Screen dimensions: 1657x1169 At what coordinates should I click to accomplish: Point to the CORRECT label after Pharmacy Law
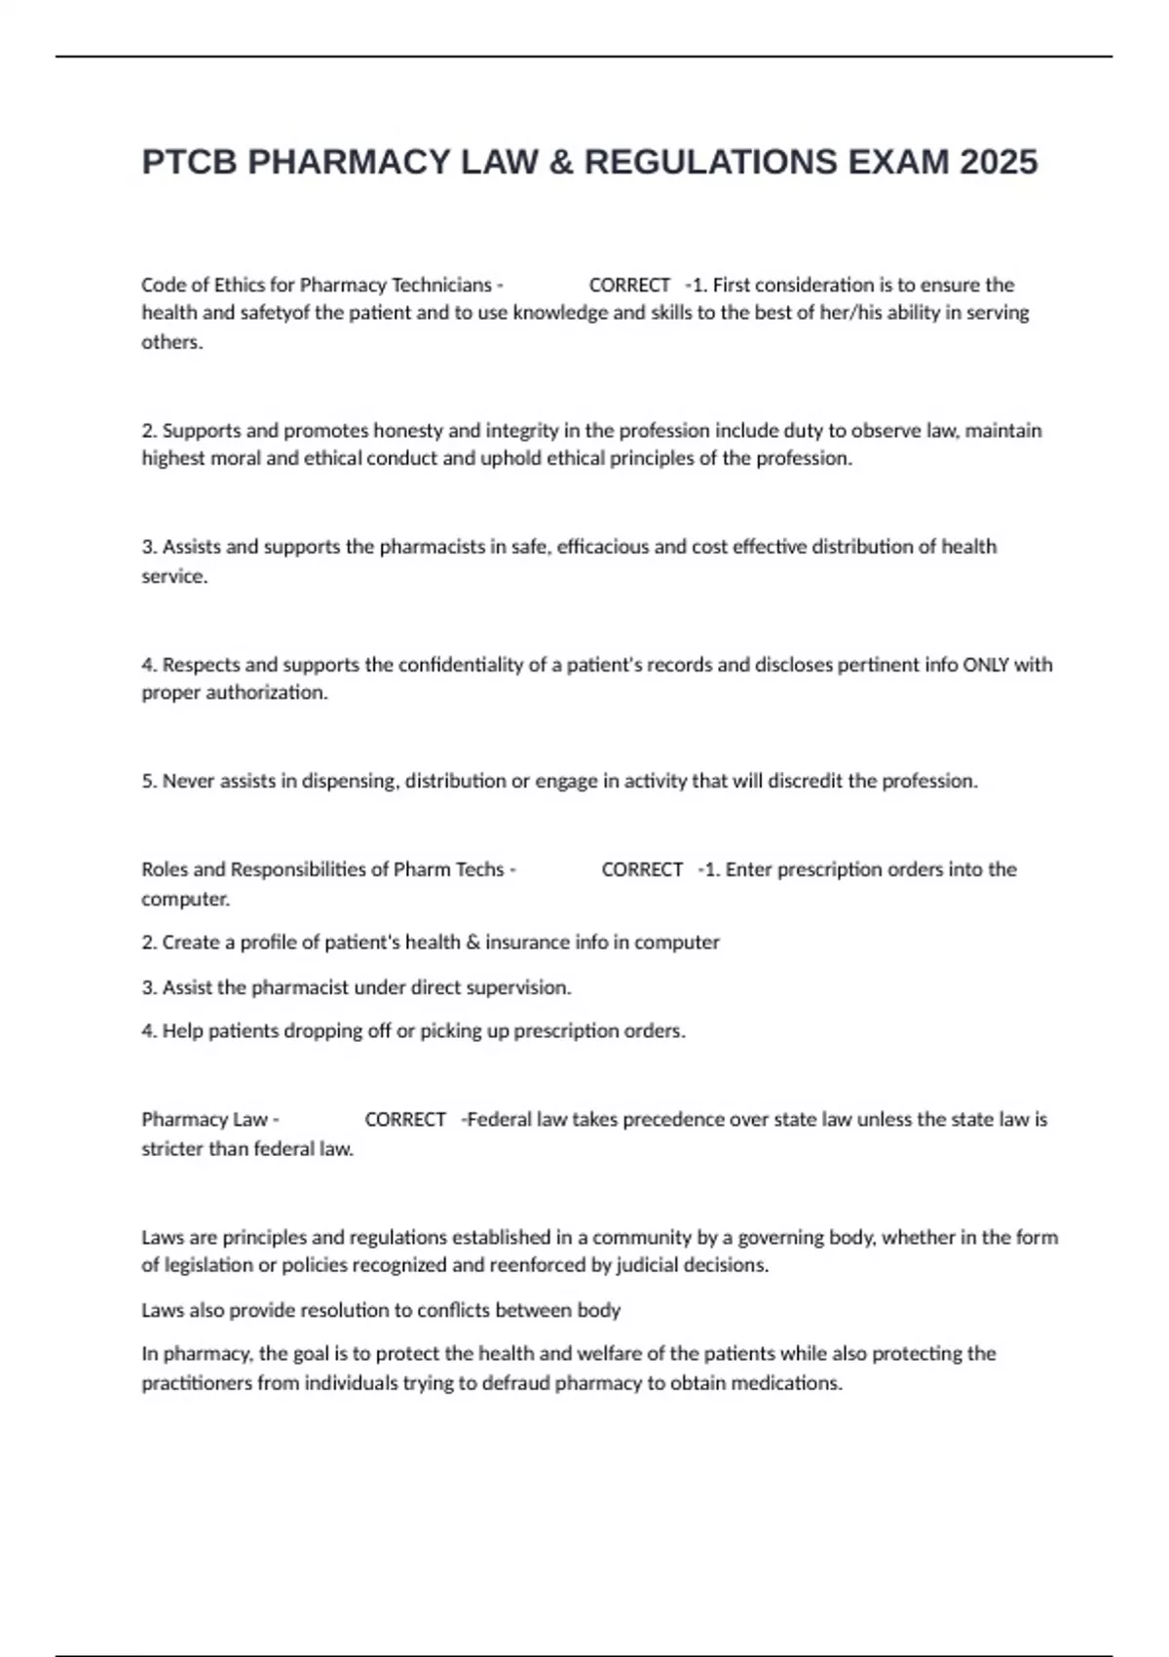[x=405, y=1119]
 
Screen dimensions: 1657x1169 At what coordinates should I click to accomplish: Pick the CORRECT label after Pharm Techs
[x=642, y=869]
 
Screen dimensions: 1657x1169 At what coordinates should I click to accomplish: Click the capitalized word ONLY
[x=986, y=665]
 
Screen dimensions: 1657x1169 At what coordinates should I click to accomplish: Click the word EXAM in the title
[x=898, y=162]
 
